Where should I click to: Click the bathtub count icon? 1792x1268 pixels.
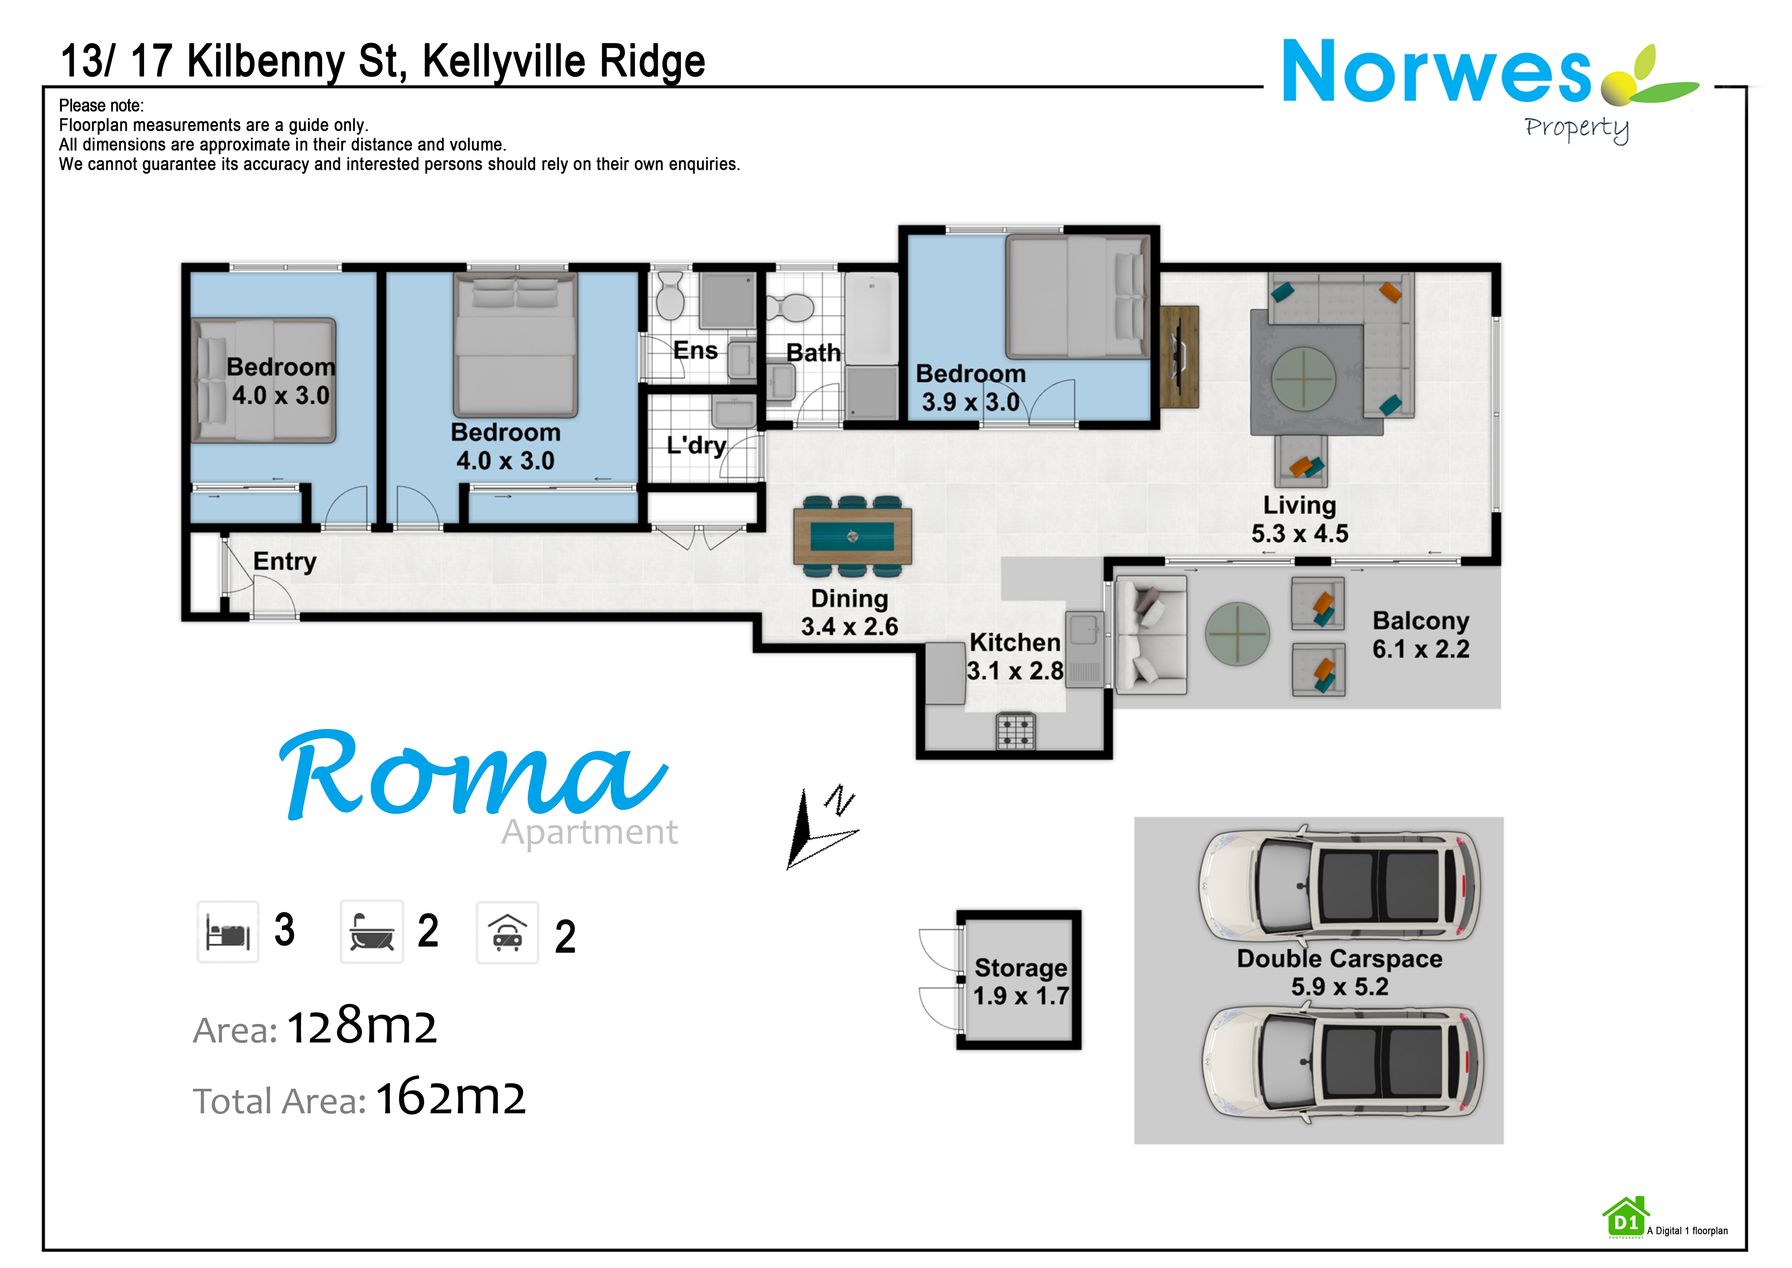(x=371, y=931)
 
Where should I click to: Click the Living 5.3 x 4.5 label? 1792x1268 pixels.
(x=1300, y=519)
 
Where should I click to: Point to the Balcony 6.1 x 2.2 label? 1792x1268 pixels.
(x=1420, y=635)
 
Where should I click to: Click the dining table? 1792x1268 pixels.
(x=852, y=536)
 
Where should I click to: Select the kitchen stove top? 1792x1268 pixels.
(x=1015, y=731)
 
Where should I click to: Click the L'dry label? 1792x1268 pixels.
(x=696, y=445)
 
